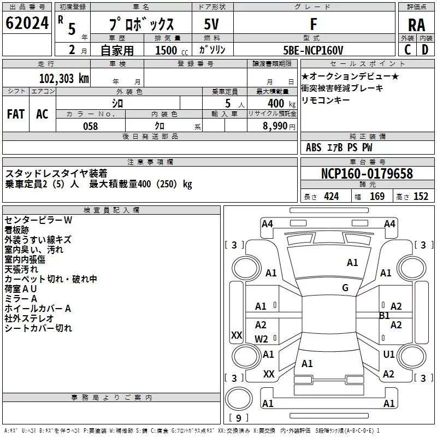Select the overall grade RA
[x=416, y=25]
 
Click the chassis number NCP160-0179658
[x=367, y=174]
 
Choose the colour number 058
[x=90, y=126]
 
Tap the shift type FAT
[x=15, y=114]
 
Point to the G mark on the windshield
[x=345, y=288]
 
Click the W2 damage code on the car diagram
[x=262, y=339]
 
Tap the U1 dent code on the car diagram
[x=388, y=355]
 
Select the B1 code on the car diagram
[x=384, y=316]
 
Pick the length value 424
[x=331, y=197]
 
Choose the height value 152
[x=421, y=197]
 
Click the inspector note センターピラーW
[x=38, y=220]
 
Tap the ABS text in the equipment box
[x=314, y=147]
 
